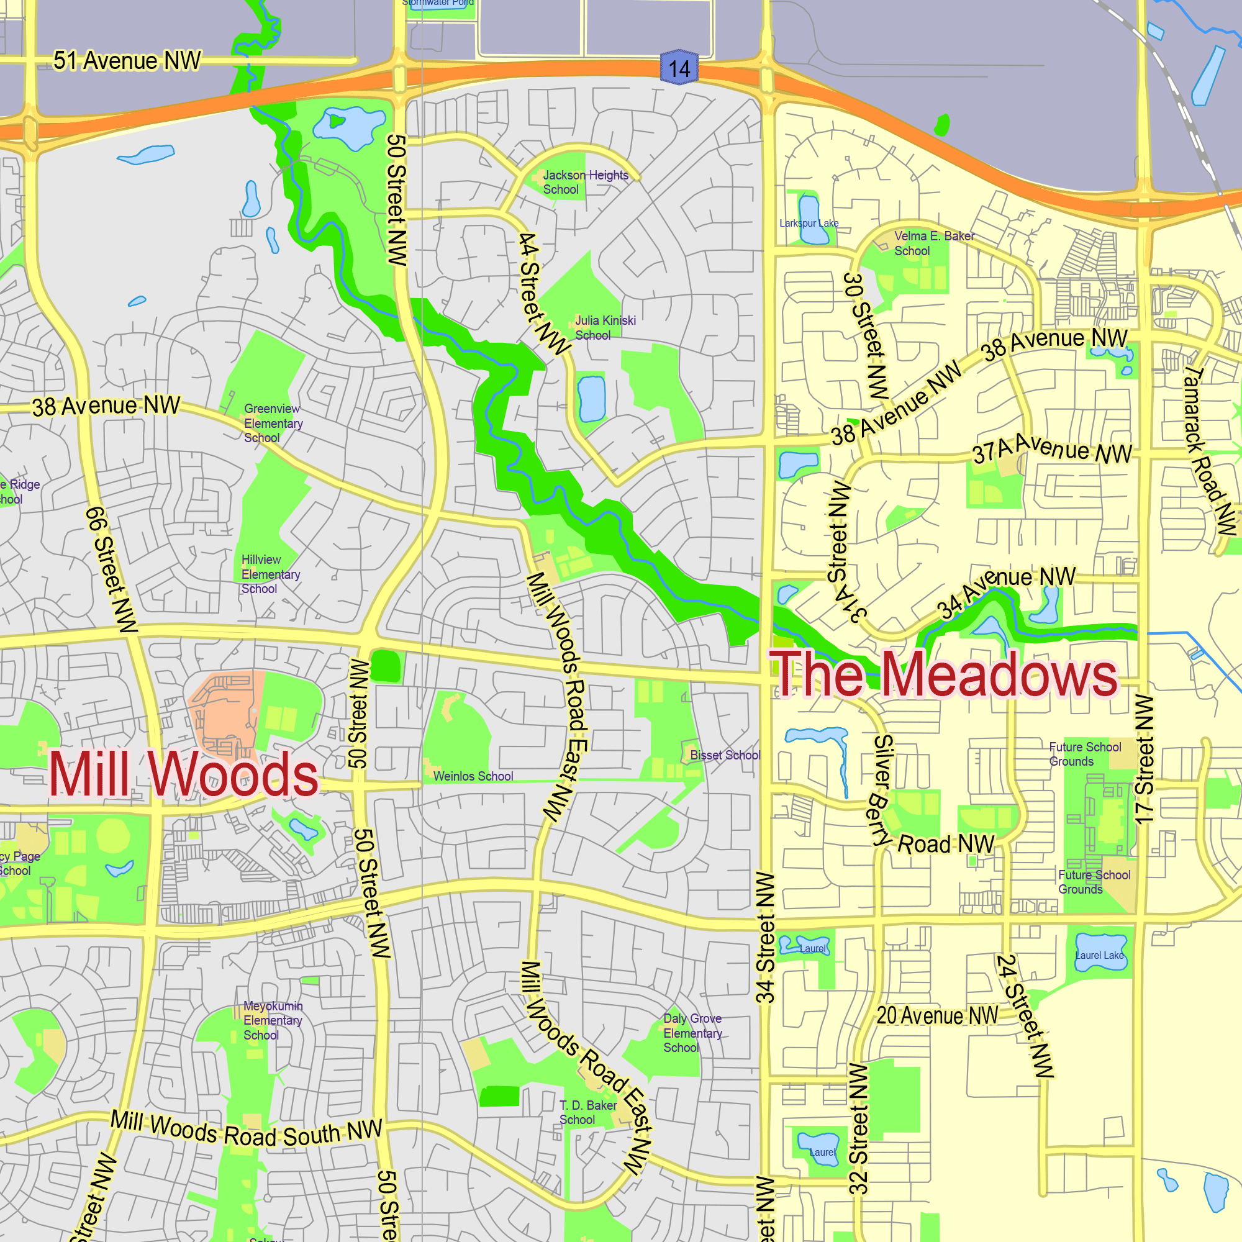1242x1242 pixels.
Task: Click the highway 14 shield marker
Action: pos(679,68)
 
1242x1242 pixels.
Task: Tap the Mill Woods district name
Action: pos(183,774)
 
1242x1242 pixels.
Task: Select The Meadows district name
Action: pos(944,674)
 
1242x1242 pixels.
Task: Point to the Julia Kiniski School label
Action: pos(605,327)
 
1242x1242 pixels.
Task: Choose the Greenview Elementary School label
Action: pos(273,423)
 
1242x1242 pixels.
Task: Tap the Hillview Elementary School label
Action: pos(271,574)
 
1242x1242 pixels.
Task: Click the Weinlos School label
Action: pos(473,776)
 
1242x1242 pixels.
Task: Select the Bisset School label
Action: pos(725,755)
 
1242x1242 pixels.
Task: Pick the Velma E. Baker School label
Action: pos(933,243)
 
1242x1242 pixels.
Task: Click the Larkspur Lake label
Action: pos(809,223)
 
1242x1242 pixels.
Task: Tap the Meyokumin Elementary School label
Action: pos(273,1020)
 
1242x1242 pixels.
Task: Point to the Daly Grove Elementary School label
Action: pos(692,1033)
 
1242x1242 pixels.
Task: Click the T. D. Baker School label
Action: pos(587,1112)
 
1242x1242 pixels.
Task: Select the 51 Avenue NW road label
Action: pos(127,60)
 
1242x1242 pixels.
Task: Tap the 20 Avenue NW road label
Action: pos(937,1016)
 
